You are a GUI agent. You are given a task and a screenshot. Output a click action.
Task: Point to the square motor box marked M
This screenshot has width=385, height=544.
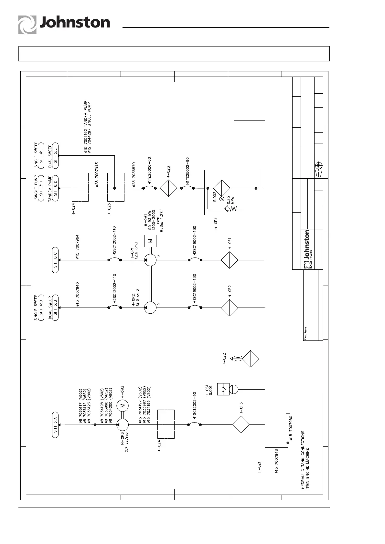click(x=150, y=241)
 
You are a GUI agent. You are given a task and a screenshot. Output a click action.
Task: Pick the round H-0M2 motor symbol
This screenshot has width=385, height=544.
click(x=122, y=405)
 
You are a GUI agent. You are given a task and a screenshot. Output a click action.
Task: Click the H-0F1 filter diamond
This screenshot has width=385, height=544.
click(x=230, y=260)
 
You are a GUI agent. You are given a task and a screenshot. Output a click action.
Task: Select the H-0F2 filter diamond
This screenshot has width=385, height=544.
click(x=230, y=308)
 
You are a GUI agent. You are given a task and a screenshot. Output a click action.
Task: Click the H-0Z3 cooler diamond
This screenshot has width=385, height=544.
click(x=168, y=188)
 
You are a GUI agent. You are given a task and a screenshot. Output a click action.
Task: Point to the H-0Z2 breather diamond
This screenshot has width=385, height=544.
click(x=251, y=358)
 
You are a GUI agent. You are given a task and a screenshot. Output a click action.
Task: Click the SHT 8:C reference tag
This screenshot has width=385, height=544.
click(x=55, y=260)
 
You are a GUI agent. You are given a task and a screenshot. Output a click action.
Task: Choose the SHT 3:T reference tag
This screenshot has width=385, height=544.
click(x=41, y=188)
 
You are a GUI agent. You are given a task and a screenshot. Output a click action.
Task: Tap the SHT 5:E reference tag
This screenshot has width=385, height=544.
click(x=55, y=155)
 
